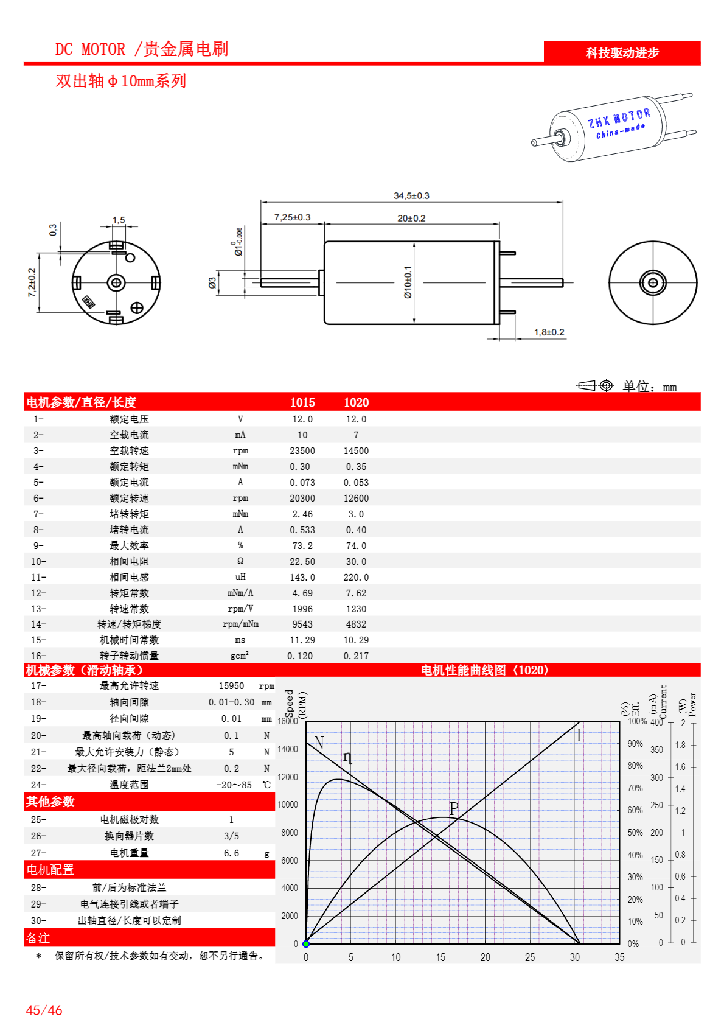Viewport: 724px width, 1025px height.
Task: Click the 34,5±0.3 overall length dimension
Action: (x=411, y=195)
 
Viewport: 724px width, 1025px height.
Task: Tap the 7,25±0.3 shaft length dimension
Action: (x=292, y=217)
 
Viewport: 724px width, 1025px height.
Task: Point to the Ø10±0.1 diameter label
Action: (x=408, y=282)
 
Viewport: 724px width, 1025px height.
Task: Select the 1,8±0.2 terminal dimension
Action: (x=549, y=332)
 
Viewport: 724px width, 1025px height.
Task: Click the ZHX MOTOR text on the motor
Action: (x=619, y=118)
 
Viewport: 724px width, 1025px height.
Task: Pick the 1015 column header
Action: (x=302, y=402)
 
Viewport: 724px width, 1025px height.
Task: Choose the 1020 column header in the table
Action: (x=356, y=402)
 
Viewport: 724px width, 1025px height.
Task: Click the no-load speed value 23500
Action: (x=302, y=451)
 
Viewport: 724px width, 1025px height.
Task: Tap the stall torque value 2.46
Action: (x=302, y=514)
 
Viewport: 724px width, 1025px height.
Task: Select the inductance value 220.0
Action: (x=356, y=578)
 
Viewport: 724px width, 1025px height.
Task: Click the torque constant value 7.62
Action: (x=356, y=593)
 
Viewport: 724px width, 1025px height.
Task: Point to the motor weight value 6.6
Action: (x=231, y=853)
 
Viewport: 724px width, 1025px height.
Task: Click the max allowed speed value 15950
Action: (x=231, y=686)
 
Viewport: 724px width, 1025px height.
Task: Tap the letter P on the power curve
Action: (x=454, y=808)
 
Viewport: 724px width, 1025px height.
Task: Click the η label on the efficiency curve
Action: (x=347, y=757)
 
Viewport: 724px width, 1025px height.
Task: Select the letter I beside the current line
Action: (x=579, y=735)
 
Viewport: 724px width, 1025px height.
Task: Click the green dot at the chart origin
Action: (x=306, y=944)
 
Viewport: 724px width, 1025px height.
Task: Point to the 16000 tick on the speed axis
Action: (x=288, y=721)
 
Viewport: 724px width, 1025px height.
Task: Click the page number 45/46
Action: (x=44, y=1010)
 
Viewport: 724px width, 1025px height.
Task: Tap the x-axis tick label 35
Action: (x=619, y=957)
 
